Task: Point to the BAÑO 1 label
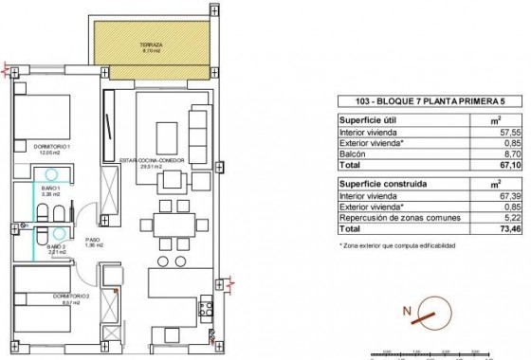point(49,189)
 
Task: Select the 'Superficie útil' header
point(368,120)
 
